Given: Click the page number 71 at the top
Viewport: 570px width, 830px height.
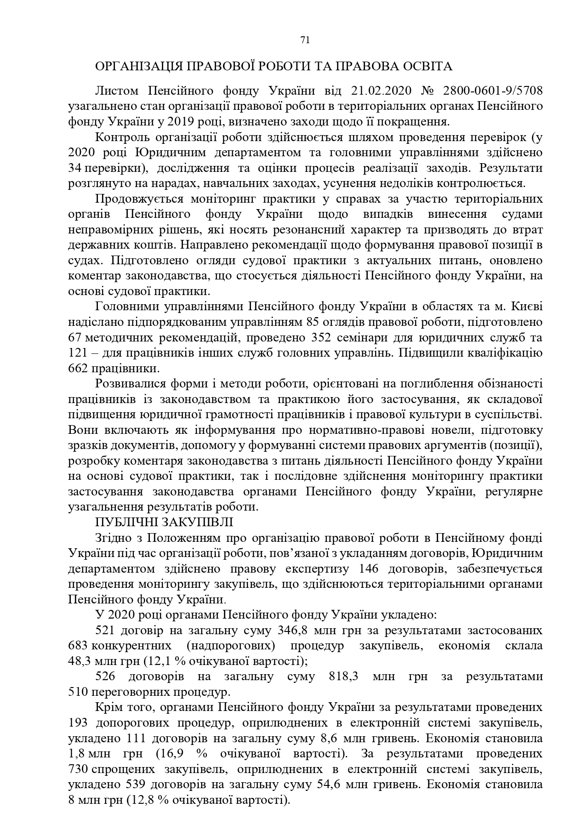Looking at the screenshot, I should (x=305, y=40).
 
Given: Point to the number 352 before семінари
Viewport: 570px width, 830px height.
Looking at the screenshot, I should (x=322, y=338).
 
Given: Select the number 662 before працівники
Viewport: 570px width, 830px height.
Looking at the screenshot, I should (x=78, y=369).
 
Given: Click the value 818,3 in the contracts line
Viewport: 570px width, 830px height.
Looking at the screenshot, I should (x=346, y=677).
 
